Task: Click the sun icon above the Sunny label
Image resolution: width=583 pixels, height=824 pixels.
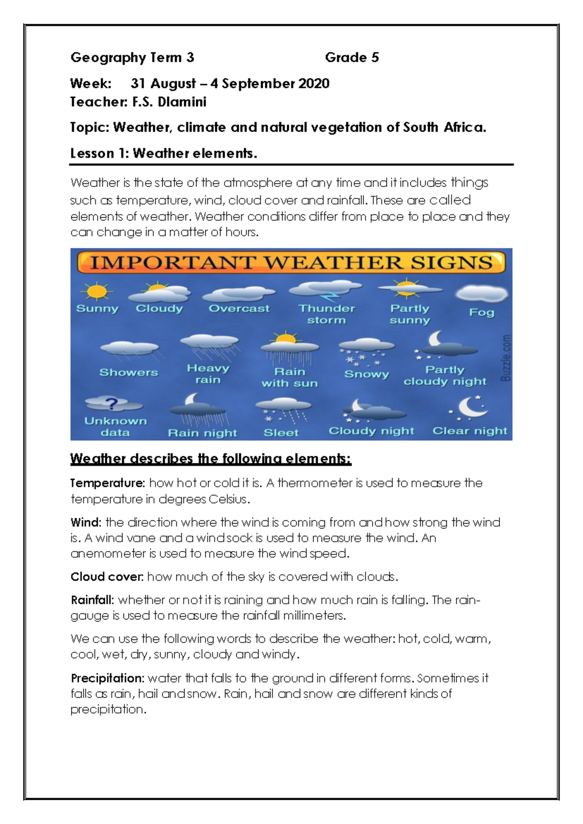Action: point(96,292)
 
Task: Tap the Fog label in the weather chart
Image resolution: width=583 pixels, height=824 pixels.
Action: point(481,312)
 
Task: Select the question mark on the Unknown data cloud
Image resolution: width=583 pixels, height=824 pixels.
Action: point(112,403)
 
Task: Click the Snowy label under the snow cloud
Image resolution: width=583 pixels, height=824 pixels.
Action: point(366,374)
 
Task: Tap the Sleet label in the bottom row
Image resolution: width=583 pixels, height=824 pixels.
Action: point(281,432)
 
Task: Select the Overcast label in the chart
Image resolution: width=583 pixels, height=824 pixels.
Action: point(239,309)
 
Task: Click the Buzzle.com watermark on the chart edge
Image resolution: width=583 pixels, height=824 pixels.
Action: point(506,357)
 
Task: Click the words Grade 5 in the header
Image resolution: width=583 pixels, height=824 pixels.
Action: point(352,57)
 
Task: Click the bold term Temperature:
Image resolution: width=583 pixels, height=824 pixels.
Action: point(107,483)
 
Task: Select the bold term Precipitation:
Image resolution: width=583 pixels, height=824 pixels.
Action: point(107,678)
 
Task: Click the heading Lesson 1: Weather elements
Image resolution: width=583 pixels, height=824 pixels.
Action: point(163,154)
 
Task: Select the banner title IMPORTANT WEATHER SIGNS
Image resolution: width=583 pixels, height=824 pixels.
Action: point(291,263)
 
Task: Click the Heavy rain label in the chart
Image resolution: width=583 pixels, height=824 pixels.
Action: point(207,374)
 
